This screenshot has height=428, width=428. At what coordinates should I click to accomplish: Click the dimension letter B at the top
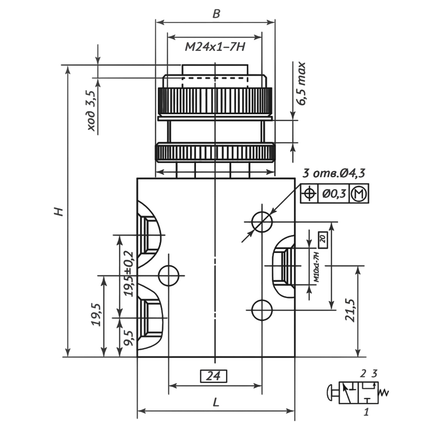coord(216,14)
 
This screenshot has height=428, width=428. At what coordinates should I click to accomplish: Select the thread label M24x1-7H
coord(215,47)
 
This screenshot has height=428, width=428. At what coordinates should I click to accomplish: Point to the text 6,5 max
coord(301,84)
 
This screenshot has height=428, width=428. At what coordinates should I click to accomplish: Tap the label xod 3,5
coord(91,110)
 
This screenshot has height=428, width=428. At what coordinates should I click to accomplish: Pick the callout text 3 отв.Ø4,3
coord(334,173)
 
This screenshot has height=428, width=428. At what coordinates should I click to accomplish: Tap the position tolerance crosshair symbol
coord(310,193)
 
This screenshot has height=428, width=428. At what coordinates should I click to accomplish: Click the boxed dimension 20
coord(323,239)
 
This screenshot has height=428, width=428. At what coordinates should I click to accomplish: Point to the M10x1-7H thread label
coord(317,266)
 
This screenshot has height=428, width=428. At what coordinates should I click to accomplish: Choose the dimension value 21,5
coord(350,310)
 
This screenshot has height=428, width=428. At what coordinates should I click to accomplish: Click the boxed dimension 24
coord(213,376)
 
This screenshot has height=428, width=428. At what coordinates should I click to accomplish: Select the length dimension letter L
coord(216,402)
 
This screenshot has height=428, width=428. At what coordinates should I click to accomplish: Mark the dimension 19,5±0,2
coord(128,273)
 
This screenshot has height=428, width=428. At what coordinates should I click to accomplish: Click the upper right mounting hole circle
coord(262,222)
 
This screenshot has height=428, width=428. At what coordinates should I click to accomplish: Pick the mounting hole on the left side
coord(169,276)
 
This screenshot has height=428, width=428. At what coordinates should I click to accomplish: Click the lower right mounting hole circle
coord(262,310)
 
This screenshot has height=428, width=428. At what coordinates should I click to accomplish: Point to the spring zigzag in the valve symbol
coord(384,392)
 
